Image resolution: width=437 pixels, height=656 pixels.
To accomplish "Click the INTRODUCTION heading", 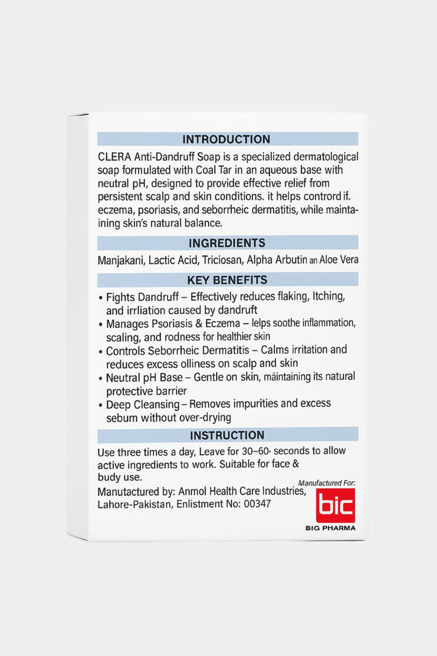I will (x=226, y=139).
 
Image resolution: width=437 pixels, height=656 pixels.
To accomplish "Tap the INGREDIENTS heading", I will (x=227, y=243).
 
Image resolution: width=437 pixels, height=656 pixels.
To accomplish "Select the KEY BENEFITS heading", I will (x=227, y=280).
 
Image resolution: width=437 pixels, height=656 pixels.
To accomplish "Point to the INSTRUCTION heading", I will (x=227, y=435).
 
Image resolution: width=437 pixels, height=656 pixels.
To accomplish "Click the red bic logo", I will (x=336, y=505).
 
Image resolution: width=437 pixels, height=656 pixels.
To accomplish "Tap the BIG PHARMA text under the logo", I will (x=330, y=528).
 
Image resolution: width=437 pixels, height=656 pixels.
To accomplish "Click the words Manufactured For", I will (x=327, y=483).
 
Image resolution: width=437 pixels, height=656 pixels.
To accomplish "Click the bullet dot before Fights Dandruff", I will (x=100, y=298).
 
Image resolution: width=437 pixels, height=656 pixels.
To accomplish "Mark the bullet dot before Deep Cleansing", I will (x=100, y=405).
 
